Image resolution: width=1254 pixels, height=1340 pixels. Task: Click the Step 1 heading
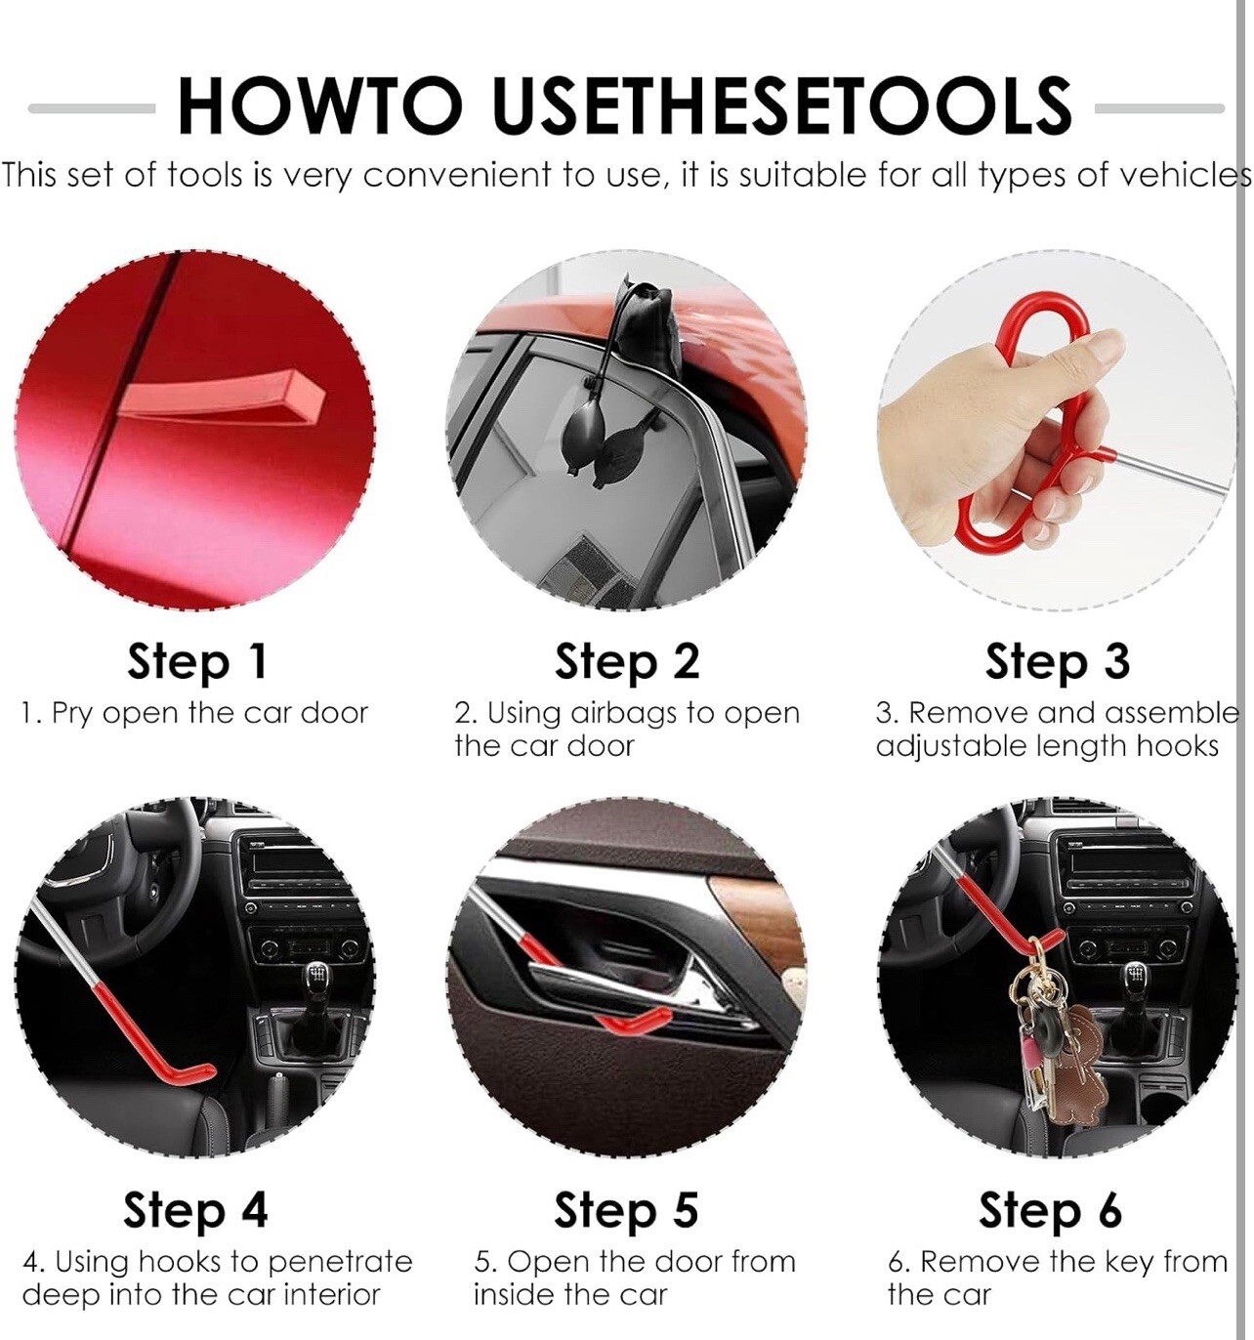click(197, 661)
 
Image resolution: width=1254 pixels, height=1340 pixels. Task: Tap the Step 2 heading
click(626, 661)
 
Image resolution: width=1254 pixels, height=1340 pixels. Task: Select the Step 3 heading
click(1057, 661)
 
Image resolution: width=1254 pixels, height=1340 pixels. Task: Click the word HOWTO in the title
click(320, 105)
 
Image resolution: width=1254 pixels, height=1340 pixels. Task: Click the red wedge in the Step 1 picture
click(223, 394)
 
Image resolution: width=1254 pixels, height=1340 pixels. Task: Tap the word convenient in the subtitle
click(456, 176)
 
